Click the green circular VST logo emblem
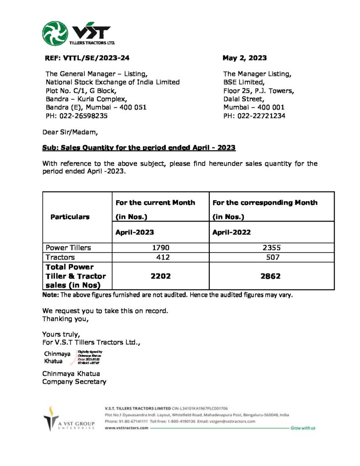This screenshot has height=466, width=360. tap(55, 34)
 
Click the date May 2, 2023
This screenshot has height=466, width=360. tap(244, 58)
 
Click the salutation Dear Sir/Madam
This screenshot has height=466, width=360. tap(70, 132)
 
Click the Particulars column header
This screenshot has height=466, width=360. tap(70, 217)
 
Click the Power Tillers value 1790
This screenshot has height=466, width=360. tap(161, 248)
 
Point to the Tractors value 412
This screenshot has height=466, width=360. tap(162, 257)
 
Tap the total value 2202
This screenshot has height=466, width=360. tap(161, 276)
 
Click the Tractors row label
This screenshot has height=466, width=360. tap(61, 257)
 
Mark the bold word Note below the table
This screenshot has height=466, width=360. tap(50, 294)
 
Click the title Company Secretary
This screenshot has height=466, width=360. tap(74, 381)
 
